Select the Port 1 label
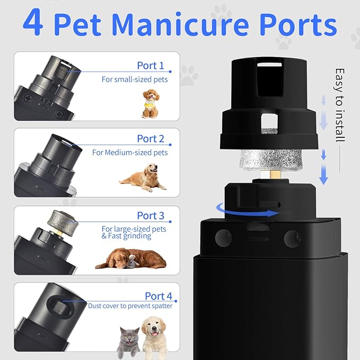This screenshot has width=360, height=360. pyautogui.click(x=151, y=66)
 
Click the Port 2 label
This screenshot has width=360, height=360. pyautogui.click(x=151, y=138)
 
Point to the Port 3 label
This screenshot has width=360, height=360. pyautogui.click(x=151, y=215)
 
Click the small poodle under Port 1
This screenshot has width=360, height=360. pyautogui.click(x=151, y=102)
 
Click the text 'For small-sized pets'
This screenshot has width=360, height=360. pyautogui.click(x=135, y=80)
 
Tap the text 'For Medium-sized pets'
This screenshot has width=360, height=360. pyautogui.click(x=130, y=152)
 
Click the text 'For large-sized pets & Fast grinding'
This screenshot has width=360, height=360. pyautogui.click(x=134, y=232)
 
